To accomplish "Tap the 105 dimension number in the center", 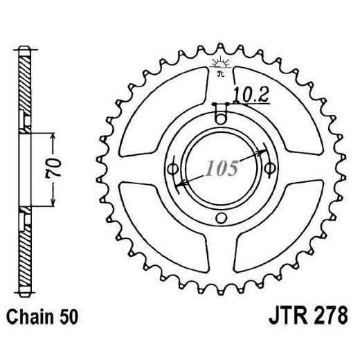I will click(x=222, y=168).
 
